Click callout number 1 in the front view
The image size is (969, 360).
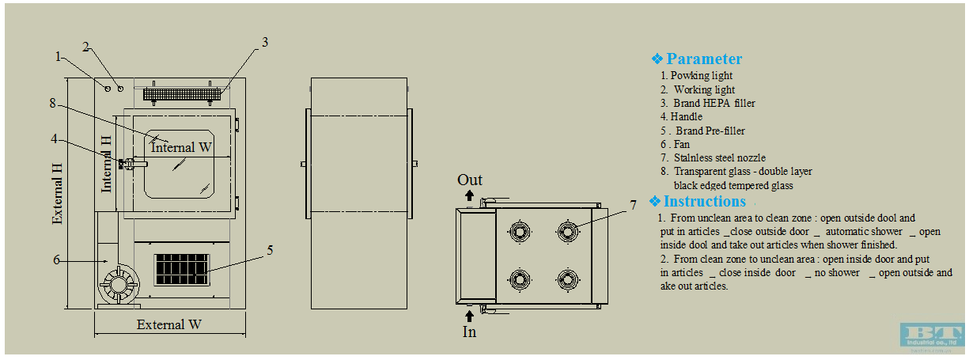point(59,56)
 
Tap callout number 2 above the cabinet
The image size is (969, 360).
point(86,47)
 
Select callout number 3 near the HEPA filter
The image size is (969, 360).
point(266,43)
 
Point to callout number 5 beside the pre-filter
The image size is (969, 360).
point(270,250)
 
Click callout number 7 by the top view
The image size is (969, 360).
point(633,205)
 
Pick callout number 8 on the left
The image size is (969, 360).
point(53,103)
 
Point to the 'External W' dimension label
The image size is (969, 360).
point(169,324)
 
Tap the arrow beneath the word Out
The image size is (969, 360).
point(470,195)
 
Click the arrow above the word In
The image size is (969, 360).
point(470,315)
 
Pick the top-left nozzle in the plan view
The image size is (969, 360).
point(520,231)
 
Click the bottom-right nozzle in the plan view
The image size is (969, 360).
point(567,279)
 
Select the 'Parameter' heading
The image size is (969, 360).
point(704,59)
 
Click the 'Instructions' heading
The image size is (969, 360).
point(704,201)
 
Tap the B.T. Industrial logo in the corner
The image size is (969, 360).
point(932,334)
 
